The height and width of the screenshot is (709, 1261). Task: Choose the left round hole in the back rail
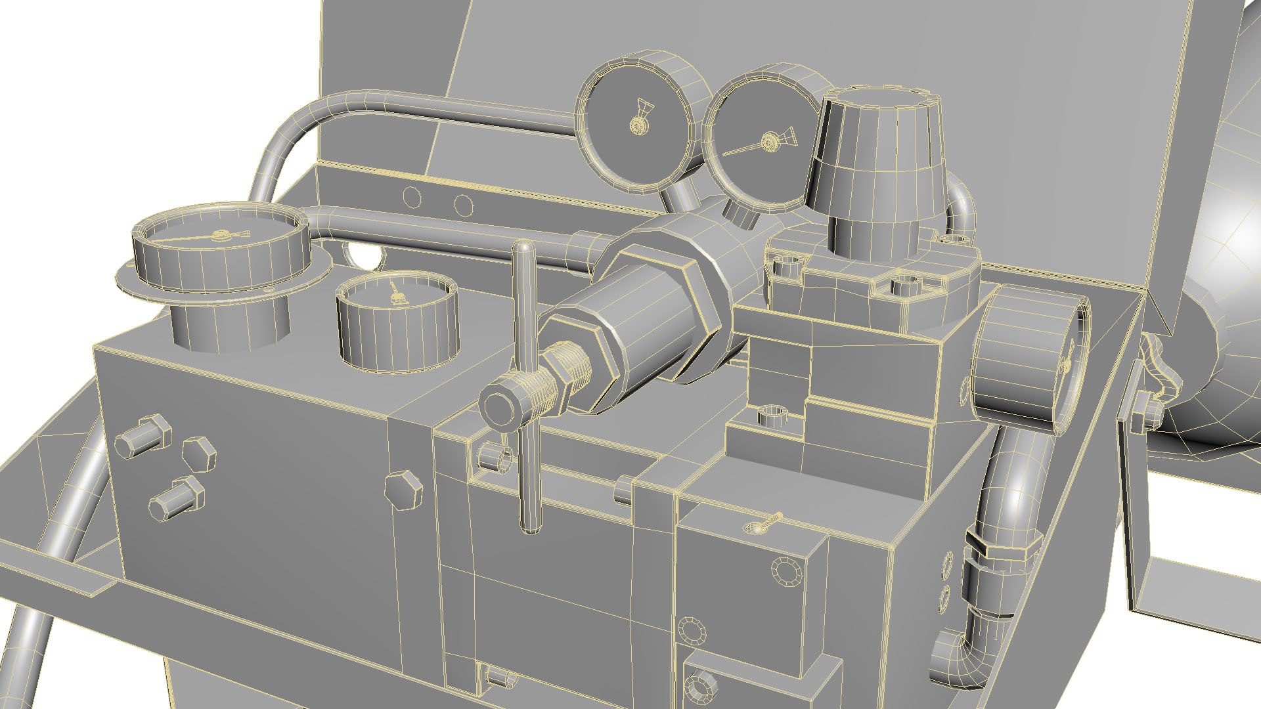[412, 196]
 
